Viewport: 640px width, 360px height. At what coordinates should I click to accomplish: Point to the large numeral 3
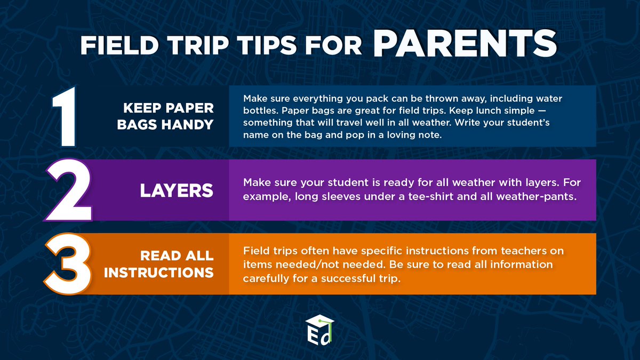(x=66, y=263)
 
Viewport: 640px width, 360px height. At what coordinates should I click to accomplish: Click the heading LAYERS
(x=177, y=190)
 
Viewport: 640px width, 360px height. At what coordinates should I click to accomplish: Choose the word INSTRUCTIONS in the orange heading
(x=159, y=273)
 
